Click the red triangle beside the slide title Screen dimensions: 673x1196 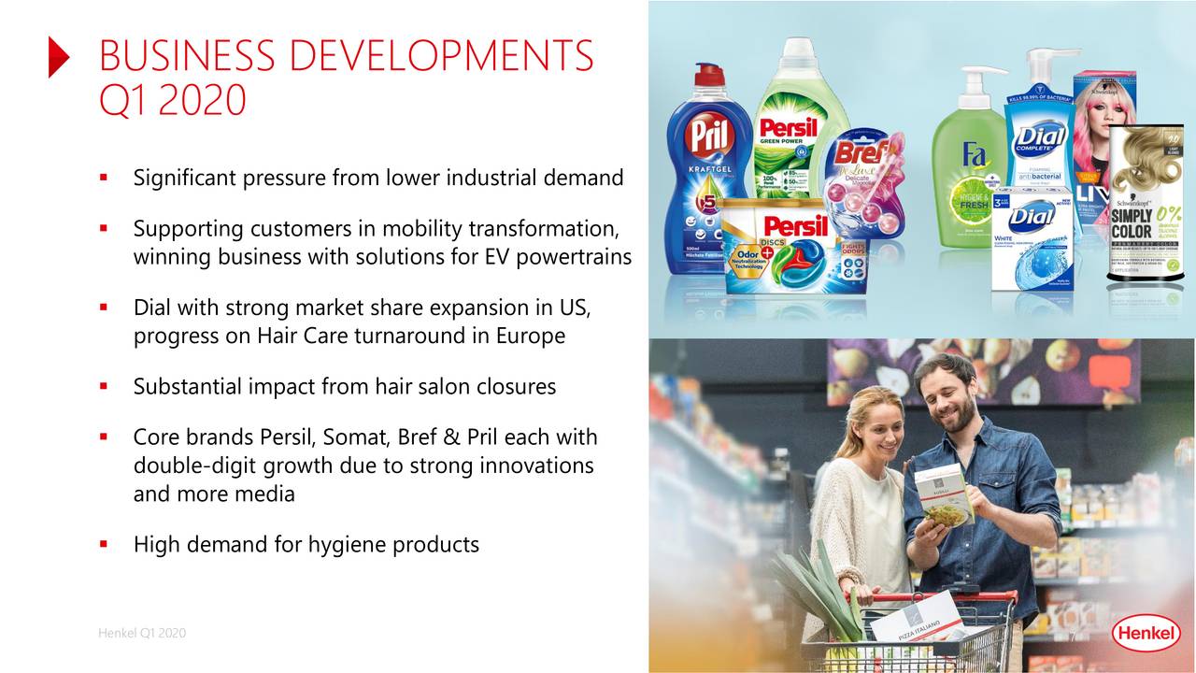(x=58, y=58)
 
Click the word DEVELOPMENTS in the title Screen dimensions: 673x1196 (x=439, y=56)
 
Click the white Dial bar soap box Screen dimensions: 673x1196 (x=1032, y=238)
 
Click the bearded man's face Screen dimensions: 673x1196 (x=946, y=397)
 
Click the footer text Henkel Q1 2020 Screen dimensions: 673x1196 (x=142, y=634)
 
